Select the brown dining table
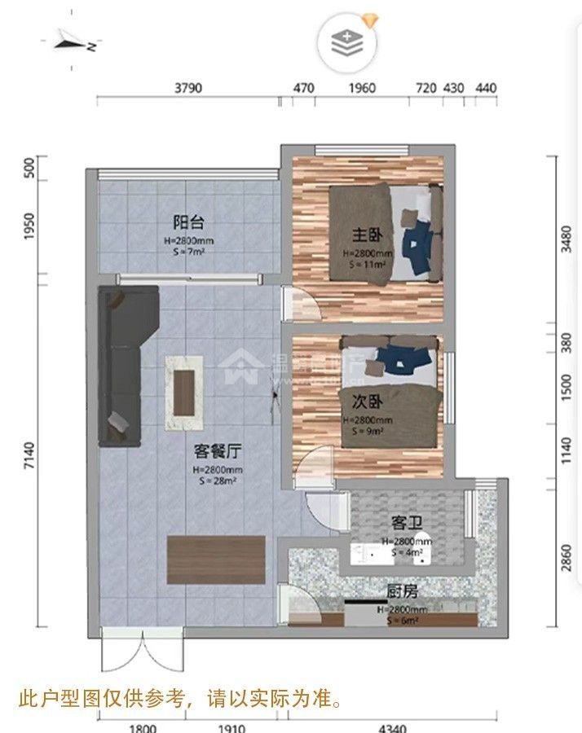tap(216, 560)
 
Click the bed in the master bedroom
tap(383, 234)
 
